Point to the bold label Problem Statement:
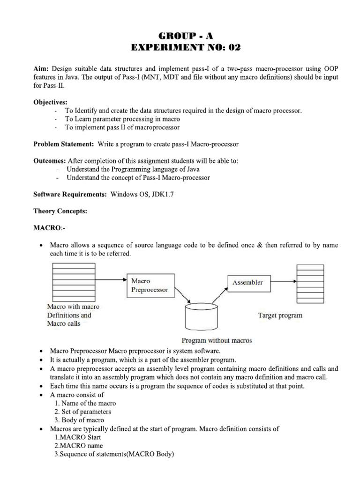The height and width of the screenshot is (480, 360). click(64, 143)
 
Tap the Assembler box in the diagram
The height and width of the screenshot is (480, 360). click(248, 283)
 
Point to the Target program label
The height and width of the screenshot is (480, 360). click(280, 315)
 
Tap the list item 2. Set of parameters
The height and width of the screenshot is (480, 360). click(82, 412)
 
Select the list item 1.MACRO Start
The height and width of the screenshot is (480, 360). click(78, 437)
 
